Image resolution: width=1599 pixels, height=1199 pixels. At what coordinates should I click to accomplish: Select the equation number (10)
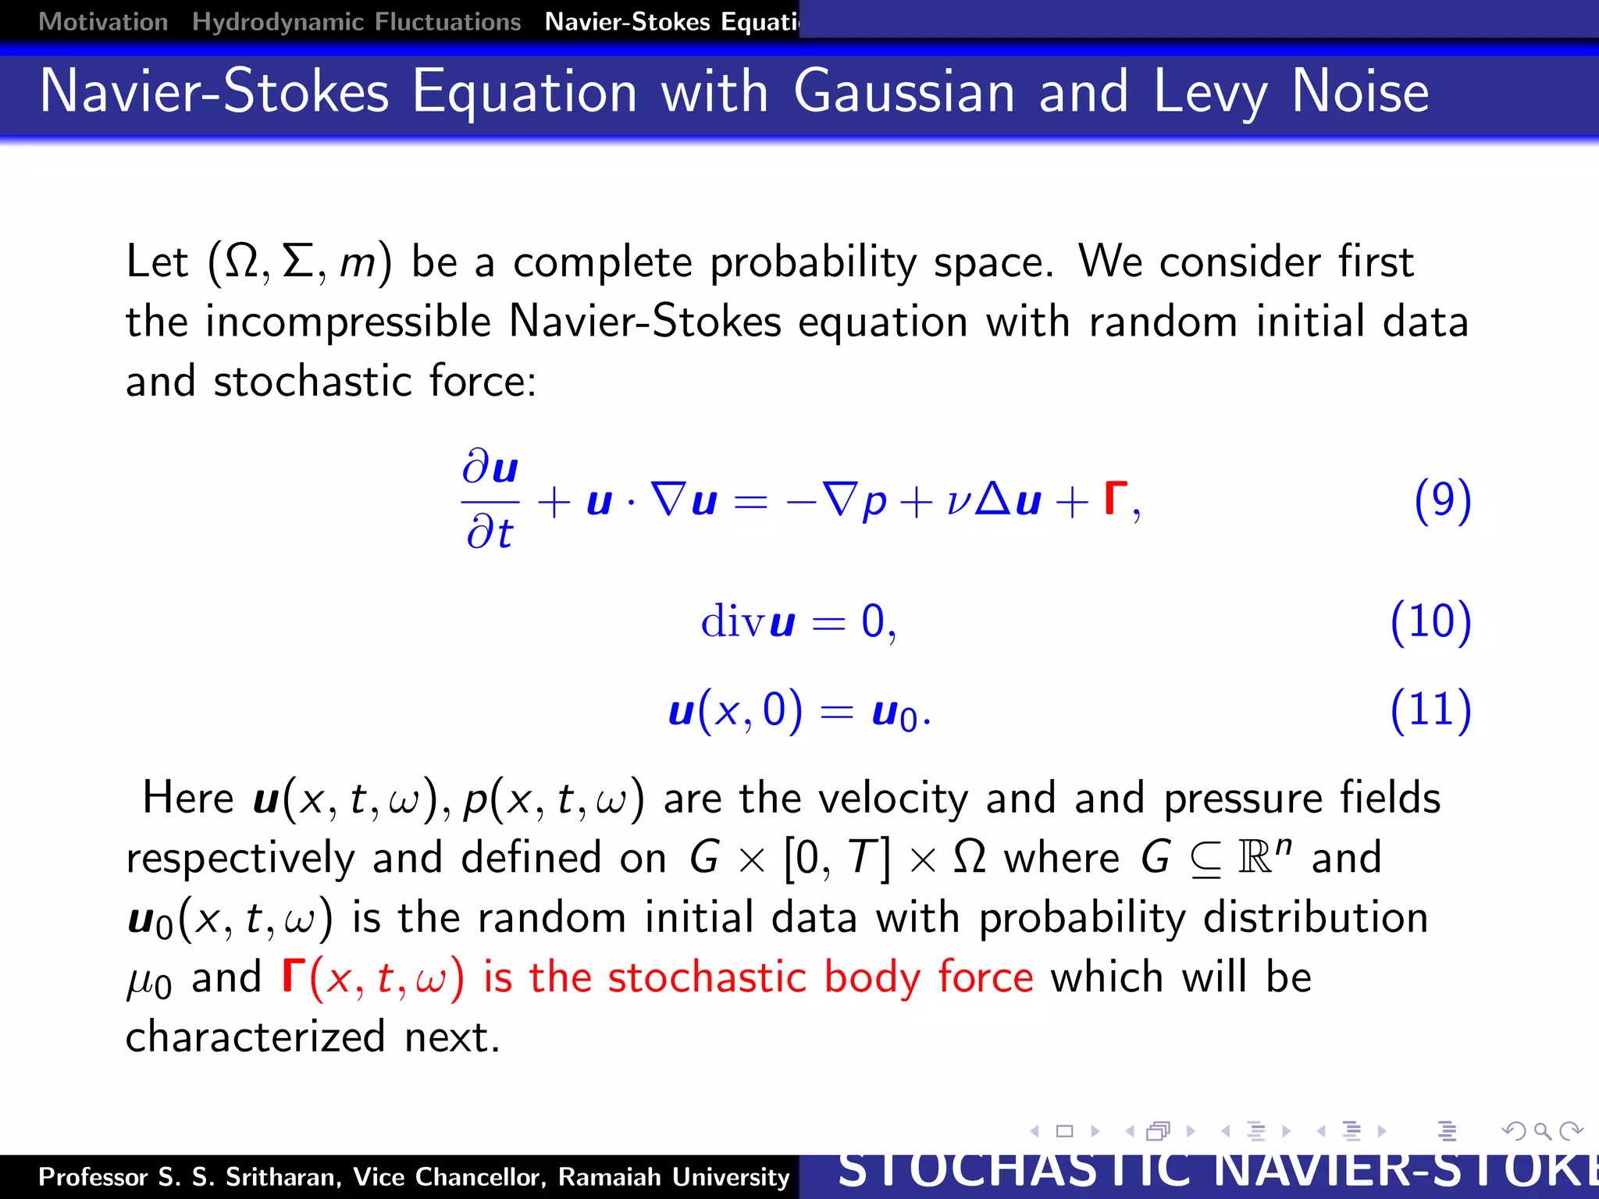coord(1430,622)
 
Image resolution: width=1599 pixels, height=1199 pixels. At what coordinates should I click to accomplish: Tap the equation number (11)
coord(1430,710)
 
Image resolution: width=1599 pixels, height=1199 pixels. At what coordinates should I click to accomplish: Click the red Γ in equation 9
coord(1116,500)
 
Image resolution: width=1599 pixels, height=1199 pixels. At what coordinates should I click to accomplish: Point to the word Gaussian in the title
coord(904,92)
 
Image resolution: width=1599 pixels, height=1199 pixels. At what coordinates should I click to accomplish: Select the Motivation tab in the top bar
coord(103,22)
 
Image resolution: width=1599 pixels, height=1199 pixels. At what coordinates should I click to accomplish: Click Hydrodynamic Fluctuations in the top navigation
coord(356,22)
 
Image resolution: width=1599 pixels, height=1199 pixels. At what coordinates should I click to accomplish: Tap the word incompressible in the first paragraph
coord(347,322)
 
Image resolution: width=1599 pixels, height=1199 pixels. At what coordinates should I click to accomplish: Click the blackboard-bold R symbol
coord(1255,859)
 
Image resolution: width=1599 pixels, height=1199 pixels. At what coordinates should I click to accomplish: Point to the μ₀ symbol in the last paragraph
coord(148,981)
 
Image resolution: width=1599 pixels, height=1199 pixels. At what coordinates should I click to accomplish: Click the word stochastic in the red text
coord(707,977)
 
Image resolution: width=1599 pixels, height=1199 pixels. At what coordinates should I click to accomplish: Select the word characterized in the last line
coord(255,1037)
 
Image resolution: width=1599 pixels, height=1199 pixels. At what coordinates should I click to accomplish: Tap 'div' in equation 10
coord(733,622)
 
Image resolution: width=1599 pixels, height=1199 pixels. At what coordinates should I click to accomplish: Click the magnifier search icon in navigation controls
coord(1542,1131)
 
